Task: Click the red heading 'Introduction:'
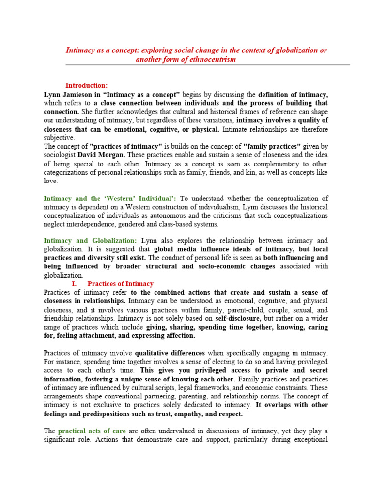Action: pyautogui.click(x=87, y=86)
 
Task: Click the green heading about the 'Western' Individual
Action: pyautogui.click(x=110, y=199)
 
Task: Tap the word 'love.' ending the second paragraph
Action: pyautogui.click(x=51, y=181)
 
